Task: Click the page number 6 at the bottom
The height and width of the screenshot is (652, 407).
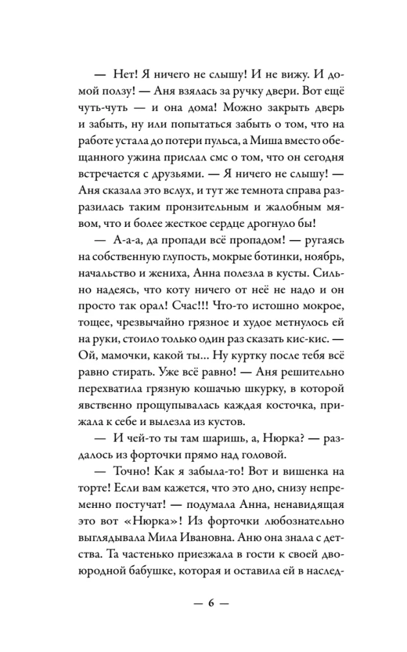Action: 212,601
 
